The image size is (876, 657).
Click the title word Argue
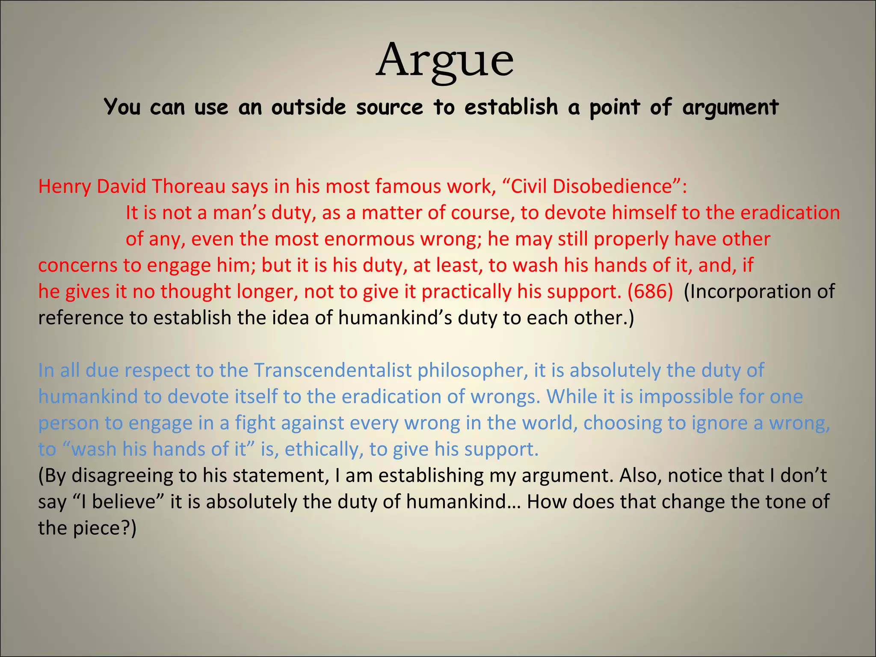pos(444,61)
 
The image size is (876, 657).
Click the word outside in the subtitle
pos(308,107)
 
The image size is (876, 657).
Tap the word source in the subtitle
pos(389,107)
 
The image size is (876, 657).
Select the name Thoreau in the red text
pos(189,186)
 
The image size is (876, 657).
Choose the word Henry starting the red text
pos(65,186)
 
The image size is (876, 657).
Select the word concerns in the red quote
pos(77,266)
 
